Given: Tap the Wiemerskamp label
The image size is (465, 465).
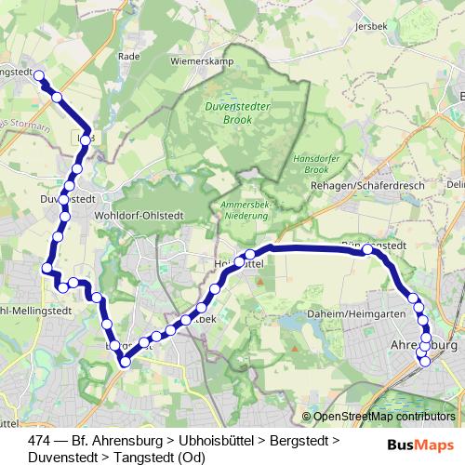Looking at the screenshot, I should (198, 61).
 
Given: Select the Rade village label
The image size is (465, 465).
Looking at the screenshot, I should (129, 56).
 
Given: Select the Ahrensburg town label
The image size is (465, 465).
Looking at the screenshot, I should (422, 345).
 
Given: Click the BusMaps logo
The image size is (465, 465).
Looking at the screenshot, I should (422, 444).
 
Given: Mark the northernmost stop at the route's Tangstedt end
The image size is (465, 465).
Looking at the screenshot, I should (39, 78).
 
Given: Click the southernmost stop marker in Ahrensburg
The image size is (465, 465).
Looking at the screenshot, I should (426, 361).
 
